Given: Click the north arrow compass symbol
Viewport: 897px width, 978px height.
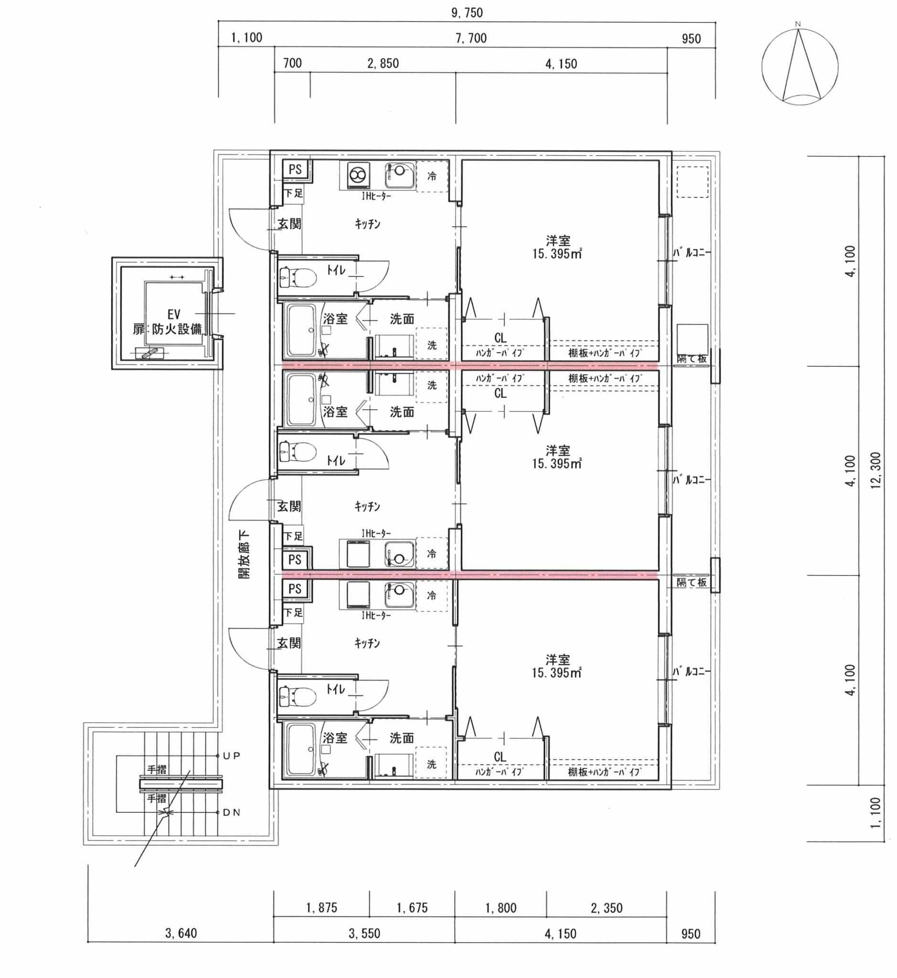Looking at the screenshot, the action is (800, 66).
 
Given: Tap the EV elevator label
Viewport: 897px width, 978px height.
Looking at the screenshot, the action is (174, 314).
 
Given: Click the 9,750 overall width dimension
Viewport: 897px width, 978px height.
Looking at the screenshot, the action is (467, 12).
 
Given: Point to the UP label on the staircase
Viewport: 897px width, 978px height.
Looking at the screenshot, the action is (232, 755).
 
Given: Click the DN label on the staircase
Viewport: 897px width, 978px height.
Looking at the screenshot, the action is (232, 812).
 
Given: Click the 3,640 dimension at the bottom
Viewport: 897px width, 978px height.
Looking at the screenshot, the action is (181, 933).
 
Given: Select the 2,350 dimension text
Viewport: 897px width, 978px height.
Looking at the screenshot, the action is (606, 908).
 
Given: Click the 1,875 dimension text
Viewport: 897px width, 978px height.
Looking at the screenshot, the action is (321, 908).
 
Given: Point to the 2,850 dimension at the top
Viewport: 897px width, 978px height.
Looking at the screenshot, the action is (383, 64).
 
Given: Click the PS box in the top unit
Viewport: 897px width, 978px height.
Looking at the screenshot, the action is (295, 170).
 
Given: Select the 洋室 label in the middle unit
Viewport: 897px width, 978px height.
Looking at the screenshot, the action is (558, 450).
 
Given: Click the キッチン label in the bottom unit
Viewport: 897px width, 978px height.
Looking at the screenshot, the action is (367, 643).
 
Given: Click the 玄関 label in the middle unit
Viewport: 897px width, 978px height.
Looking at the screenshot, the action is (289, 506).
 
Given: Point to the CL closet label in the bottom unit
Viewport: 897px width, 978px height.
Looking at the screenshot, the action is (500, 756).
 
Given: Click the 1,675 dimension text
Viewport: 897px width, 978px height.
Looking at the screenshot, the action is (412, 908).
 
